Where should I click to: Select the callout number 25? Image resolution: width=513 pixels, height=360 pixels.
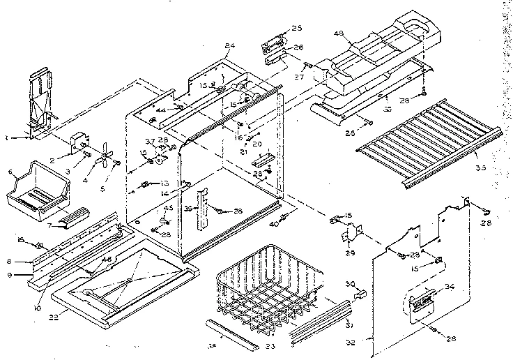point(297,28)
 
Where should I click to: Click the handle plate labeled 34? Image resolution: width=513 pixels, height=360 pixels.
point(420,301)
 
